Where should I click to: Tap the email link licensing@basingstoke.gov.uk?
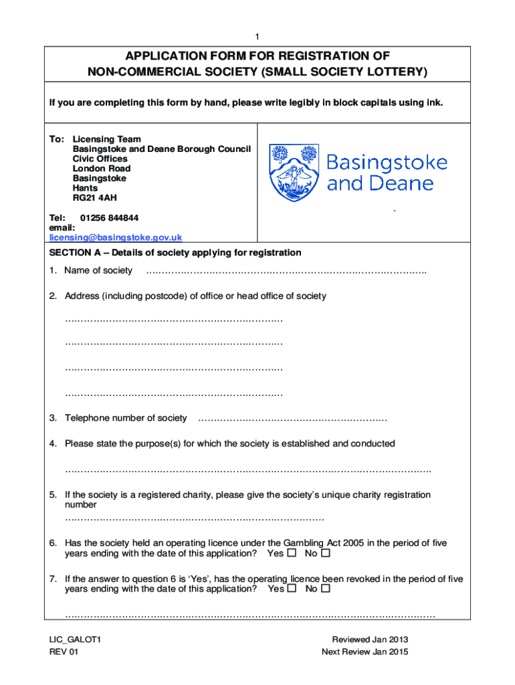coord(115,237)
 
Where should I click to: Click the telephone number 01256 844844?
coord(110,218)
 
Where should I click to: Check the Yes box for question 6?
coord(291,554)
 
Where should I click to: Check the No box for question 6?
coord(326,554)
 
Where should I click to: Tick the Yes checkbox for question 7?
coord(292,589)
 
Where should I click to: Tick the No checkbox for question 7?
coord(326,589)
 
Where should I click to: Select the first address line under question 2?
coord(174,320)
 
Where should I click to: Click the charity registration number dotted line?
coord(194,518)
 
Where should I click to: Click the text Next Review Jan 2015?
coord(365,652)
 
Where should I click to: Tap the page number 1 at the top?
coord(257,36)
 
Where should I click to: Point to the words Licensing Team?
coord(106,140)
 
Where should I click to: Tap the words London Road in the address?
coord(101,169)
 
